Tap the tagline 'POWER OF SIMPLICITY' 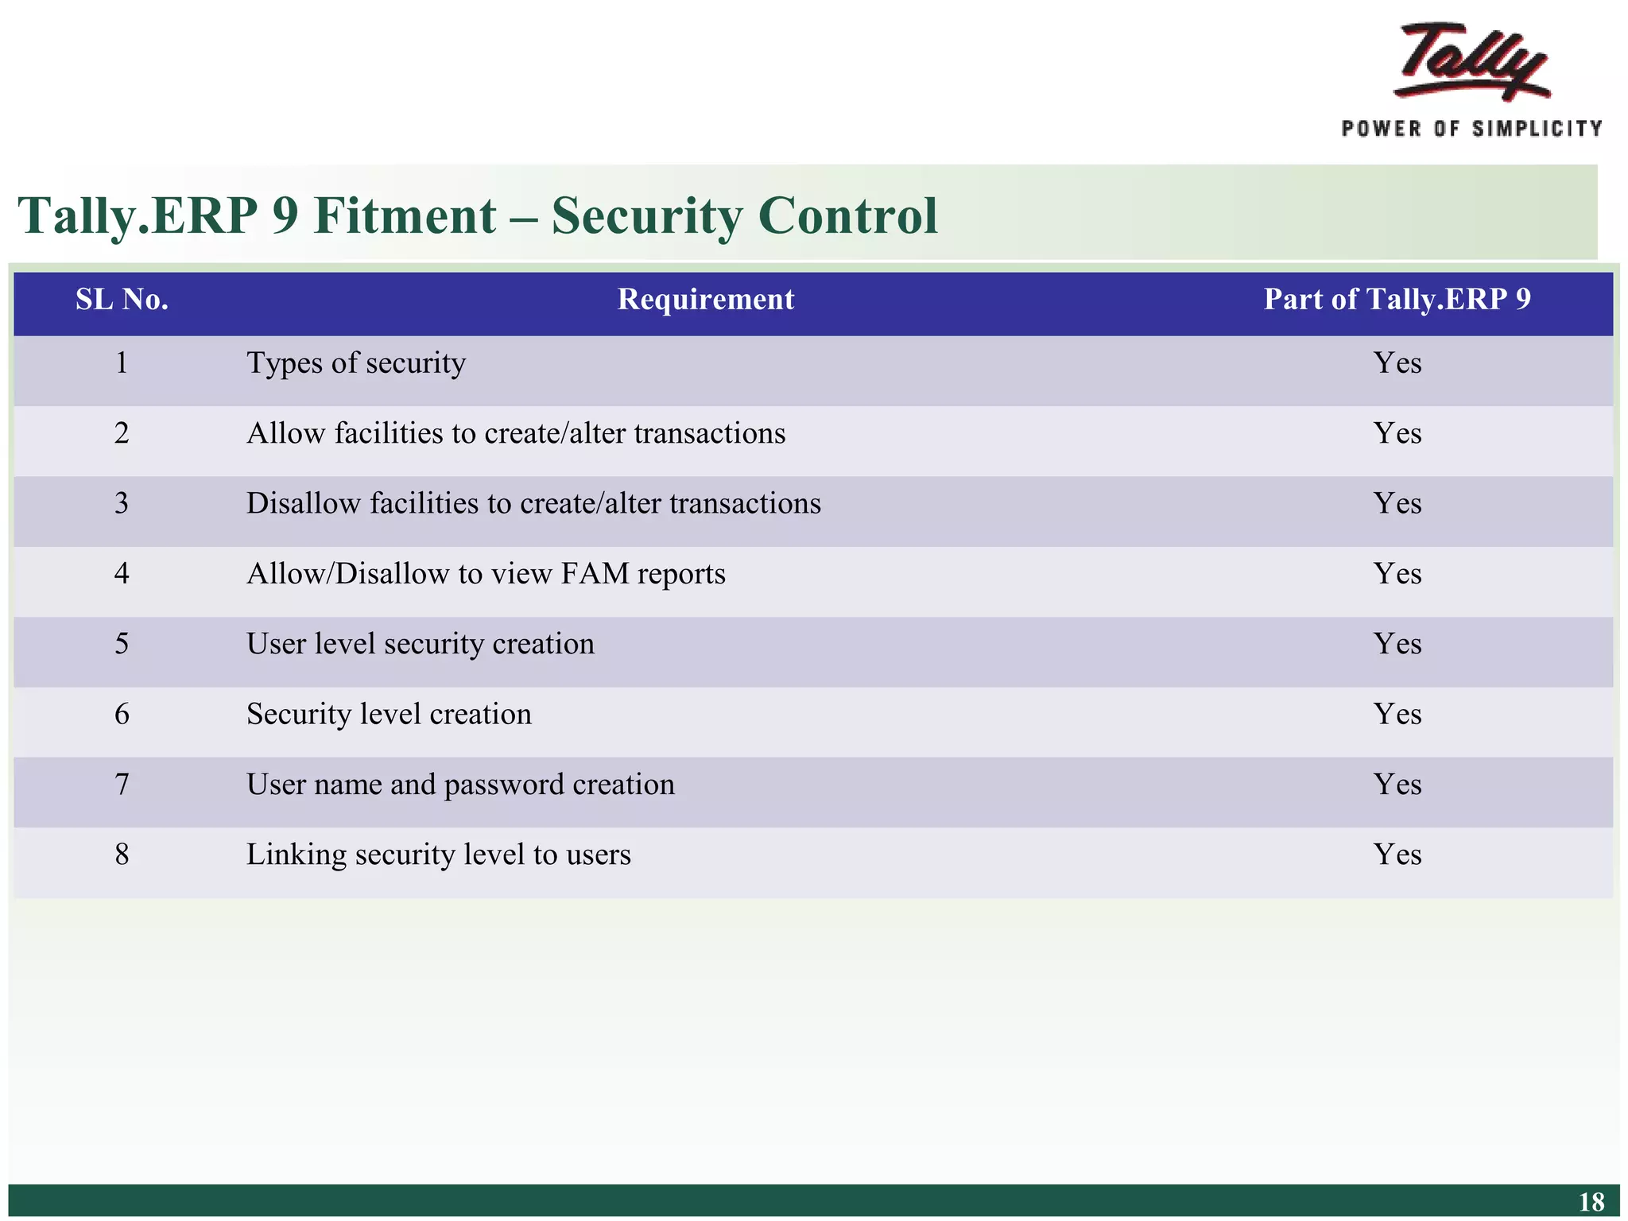pyautogui.click(x=1471, y=129)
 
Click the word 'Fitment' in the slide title pyautogui.click(x=405, y=216)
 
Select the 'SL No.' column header pyautogui.click(x=122, y=300)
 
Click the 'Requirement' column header pyautogui.click(x=706, y=300)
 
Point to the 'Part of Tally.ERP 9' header pyautogui.click(x=1397, y=300)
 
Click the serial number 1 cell pyautogui.click(x=122, y=363)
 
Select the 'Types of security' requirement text pyautogui.click(x=356, y=364)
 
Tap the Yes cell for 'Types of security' pyautogui.click(x=1397, y=363)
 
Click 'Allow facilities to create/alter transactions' pyautogui.click(x=516, y=434)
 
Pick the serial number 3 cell pyautogui.click(x=122, y=504)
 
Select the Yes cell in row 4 pyautogui.click(x=1397, y=574)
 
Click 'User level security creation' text pyautogui.click(x=421, y=644)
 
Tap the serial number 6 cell pyautogui.click(x=122, y=715)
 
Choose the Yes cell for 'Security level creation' pyautogui.click(x=1397, y=715)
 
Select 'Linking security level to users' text pyautogui.click(x=439, y=855)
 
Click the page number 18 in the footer pyautogui.click(x=1591, y=1202)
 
